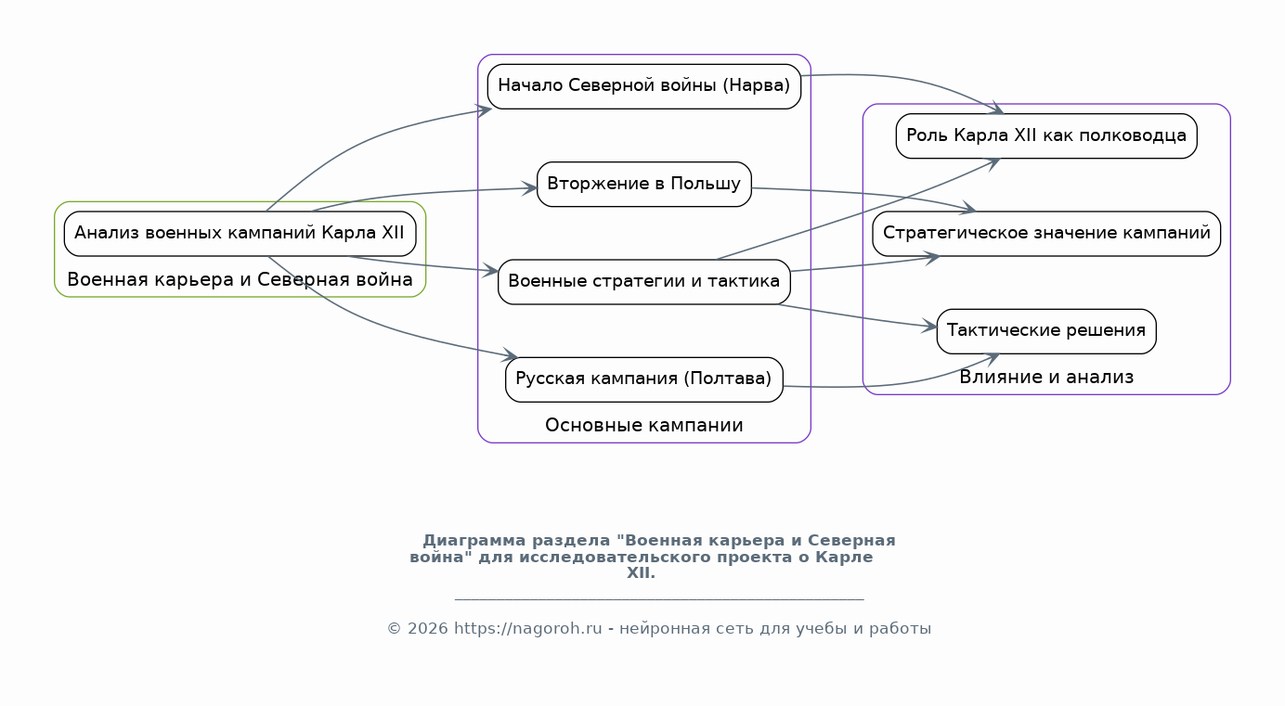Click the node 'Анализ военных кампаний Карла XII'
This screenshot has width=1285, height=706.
[x=240, y=233]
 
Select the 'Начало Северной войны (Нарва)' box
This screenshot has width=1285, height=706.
[x=643, y=86]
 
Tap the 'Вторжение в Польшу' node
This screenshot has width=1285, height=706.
[x=643, y=184]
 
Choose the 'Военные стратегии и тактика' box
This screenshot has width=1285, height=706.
[x=643, y=281]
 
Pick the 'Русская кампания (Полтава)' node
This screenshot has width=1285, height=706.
[x=643, y=379]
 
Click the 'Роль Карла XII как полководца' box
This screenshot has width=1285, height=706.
[x=1046, y=135]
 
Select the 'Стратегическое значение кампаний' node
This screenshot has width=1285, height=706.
[x=1046, y=233]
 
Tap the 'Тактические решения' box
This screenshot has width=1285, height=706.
[x=1046, y=331]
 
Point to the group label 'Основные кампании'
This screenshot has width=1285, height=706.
[x=643, y=425]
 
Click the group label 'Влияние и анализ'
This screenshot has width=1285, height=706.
[x=1046, y=377]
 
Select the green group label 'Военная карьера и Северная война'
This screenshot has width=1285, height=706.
[x=240, y=279]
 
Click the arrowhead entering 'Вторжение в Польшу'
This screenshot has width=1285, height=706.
[x=529, y=188]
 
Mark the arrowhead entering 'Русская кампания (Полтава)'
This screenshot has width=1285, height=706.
[x=510, y=355]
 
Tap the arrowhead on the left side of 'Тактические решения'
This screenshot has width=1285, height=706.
[x=929, y=326]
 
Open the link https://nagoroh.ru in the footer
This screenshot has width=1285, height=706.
[x=527, y=629]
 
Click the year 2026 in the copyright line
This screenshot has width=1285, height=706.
[x=427, y=629]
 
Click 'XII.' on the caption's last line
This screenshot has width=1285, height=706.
[x=641, y=573]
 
